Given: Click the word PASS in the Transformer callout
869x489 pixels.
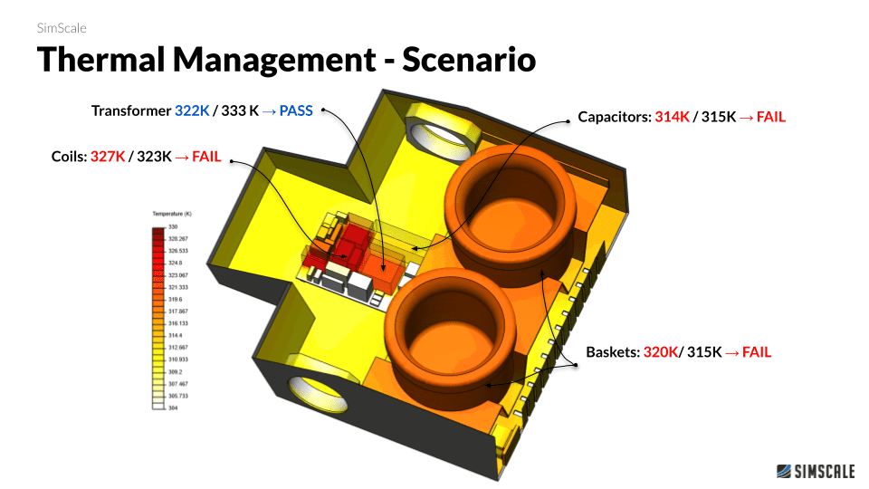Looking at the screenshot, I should pos(296,111).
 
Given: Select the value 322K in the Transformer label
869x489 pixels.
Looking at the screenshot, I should pos(192,111).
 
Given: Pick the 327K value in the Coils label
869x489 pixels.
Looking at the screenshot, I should pos(108,157).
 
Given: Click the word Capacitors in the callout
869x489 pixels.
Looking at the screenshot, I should pos(613,118).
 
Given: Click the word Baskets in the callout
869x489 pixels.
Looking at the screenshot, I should pos(613,352).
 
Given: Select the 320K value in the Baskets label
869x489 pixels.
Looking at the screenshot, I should pos(661,352).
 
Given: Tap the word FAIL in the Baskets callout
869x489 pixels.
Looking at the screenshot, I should pos(757,352).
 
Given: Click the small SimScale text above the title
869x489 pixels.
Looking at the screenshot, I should pos(62,28).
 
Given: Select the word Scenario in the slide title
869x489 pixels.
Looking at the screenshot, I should pos(469,60).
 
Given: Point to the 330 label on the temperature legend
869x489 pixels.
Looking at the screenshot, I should pos(172,226).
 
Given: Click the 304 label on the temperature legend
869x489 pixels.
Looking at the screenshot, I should pos(172,408).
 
